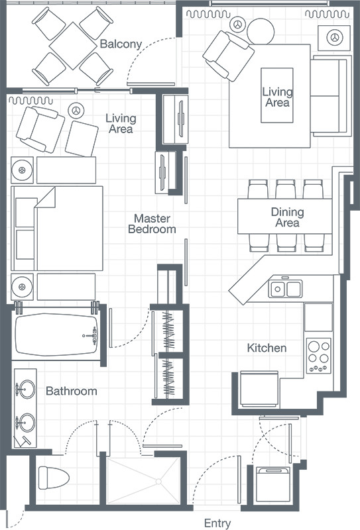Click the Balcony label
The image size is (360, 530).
pos(121,44)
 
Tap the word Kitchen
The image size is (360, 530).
pos(267,348)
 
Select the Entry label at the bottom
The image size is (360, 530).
pos(217,523)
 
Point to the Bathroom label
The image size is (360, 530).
pos(72,391)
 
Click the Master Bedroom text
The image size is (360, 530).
pos(152,224)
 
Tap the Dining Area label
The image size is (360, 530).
pos(287,217)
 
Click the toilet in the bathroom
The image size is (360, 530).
pos(54,478)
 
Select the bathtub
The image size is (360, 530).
pos(56,335)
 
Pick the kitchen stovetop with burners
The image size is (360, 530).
pos(319,356)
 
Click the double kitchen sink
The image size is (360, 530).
pos(285,289)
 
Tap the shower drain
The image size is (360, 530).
pos(158,482)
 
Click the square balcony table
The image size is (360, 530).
pos(73,46)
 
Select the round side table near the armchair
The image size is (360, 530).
pos(260,31)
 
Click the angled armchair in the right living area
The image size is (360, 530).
pos(228,56)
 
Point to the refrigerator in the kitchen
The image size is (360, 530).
pos(259,388)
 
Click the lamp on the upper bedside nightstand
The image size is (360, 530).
pos(22,170)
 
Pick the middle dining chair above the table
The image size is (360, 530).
pos(286,189)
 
